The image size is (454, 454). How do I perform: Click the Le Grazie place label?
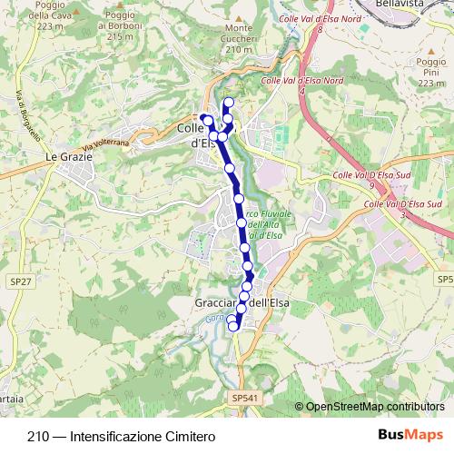[x=64, y=157]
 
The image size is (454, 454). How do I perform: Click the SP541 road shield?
[x=245, y=398]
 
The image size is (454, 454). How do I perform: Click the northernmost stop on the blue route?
[x=228, y=103]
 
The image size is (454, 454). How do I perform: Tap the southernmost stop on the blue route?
[x=233, y=326]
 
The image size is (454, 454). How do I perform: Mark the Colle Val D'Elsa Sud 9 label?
[x=368, y=178]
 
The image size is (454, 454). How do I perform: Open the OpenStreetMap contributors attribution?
[x=376, y=408]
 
